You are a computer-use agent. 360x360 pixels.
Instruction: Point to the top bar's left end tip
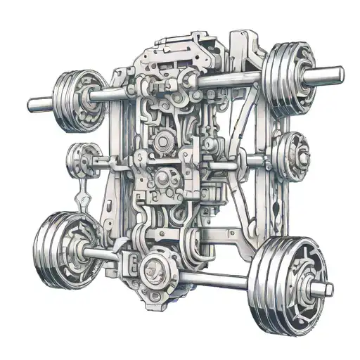click(32, 106)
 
